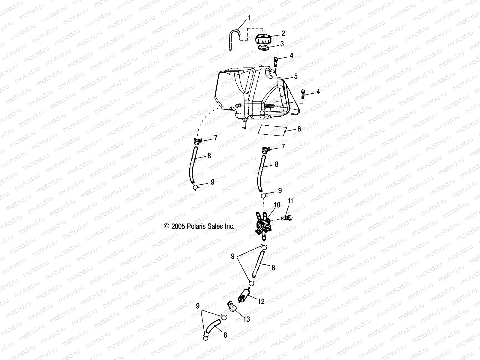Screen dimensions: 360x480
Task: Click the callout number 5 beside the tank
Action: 296,76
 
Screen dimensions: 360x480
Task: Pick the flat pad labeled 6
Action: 275,130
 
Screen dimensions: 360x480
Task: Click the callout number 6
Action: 299,129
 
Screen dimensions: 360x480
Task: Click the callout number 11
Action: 290,201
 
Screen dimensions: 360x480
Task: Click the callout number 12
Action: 261,301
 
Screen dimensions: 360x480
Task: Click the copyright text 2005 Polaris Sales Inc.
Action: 199,226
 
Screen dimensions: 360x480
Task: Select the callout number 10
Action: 277,205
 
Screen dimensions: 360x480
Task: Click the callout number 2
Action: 283,33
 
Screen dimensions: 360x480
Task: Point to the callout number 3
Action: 282,44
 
